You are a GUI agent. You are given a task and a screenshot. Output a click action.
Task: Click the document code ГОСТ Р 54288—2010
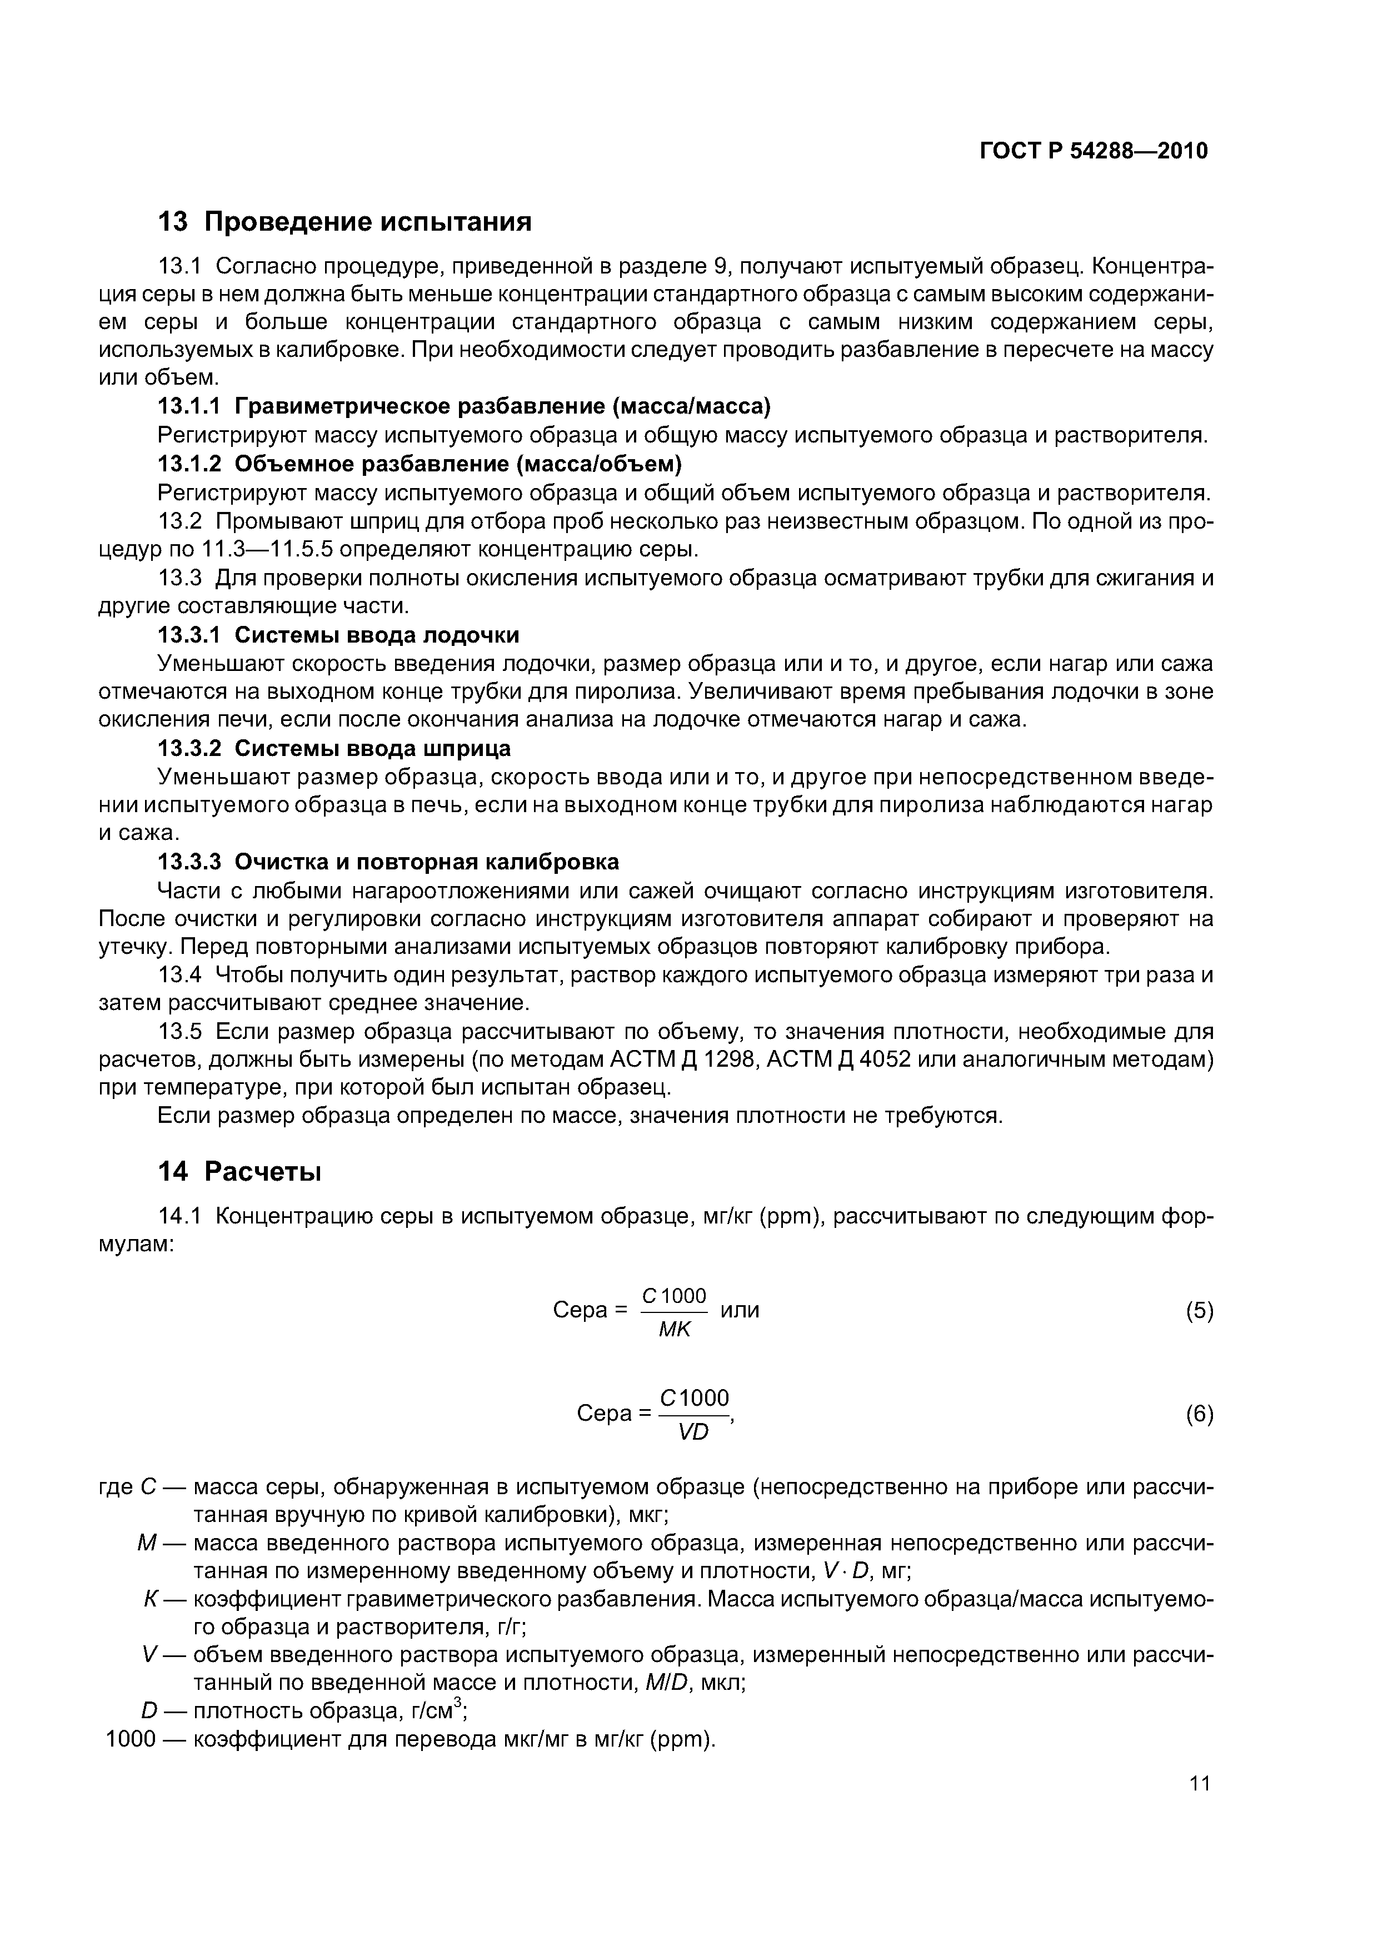[1094, 151]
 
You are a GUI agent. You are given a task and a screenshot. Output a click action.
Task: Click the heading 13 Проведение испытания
[344, 222]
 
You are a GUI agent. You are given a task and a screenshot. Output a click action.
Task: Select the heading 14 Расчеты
[240, 1171]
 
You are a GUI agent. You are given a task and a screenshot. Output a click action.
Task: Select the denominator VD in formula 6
[693, 1433]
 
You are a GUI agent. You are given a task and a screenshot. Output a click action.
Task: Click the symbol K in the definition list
[150, 1599]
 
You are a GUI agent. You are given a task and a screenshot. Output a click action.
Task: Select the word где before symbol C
[116, 1487]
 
